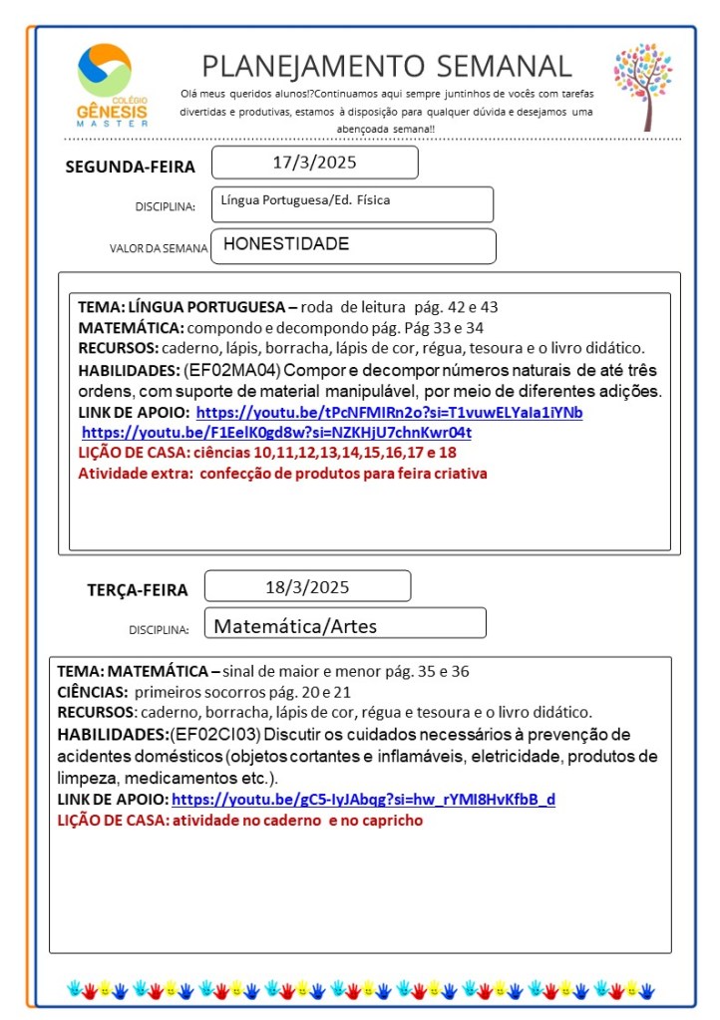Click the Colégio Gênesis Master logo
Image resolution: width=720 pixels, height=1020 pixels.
pyautogui.click(x=113, y=85)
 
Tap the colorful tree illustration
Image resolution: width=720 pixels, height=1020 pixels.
pyautogui.click(x=642, y=86)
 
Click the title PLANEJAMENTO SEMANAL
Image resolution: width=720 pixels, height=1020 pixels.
pyautogui.click(x=387, y=66)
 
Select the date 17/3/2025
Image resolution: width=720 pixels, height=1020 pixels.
pyautogui.click(x=314, y=162)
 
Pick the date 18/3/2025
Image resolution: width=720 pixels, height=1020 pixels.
pyautogui.click(x=307, y=586)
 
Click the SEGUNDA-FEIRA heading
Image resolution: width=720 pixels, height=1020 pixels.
pyautogui.click(x=130, y=167)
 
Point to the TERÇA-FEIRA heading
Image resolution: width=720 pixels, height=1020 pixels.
pyautogui.click(x=137, y=590)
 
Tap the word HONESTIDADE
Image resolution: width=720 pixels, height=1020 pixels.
pyautogui.click(x=286, y=244)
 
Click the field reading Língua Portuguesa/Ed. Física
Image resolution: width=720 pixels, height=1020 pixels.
pyautogui.click(x=305, y=200)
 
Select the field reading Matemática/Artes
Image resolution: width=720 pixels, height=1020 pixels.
pyautogui.click(x=296, y=627)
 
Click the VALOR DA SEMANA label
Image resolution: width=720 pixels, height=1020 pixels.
pyautogui.click(x=159, y=248)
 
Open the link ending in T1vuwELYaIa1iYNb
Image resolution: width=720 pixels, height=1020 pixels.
pyautogui.click(x=389, y=413)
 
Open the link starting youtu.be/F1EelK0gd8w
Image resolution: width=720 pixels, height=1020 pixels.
pyautogui.click(x=276, y=433)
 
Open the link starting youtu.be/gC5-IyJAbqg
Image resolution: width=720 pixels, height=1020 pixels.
pyautogui.click(x=363, y=800)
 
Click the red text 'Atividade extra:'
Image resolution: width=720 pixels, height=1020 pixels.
pyautogui.click(x=136, y=474)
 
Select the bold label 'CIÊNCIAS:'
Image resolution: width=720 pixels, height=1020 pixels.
pyautogui.click(x=91, y=692)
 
